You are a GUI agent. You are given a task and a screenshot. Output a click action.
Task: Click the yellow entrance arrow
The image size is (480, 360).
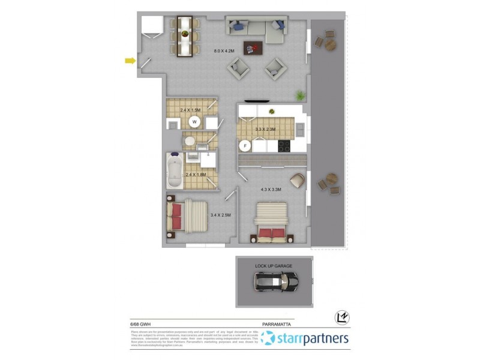(x=130, y=60)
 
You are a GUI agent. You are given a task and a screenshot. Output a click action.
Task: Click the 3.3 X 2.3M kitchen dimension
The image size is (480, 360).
(x=265, y=129)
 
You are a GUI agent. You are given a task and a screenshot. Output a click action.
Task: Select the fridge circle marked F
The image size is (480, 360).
(x=245, y=145)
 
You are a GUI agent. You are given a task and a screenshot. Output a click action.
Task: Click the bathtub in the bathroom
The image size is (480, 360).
(x=175, y=172)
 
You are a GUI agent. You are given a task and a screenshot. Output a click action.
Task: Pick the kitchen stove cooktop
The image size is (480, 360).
(x=283, y=146)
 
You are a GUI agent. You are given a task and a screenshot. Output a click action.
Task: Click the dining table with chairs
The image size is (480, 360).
(x=184, y=36)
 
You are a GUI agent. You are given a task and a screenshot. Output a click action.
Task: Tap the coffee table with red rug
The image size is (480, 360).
(x=252, y=47)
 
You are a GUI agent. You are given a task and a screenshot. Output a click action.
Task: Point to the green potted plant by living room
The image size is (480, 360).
(x=299, y=95)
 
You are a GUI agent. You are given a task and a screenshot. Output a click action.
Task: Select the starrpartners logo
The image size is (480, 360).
(x=306, y=339)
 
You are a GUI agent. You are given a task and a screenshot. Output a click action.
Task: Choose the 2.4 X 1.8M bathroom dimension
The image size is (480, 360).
(x=196, y=175)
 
